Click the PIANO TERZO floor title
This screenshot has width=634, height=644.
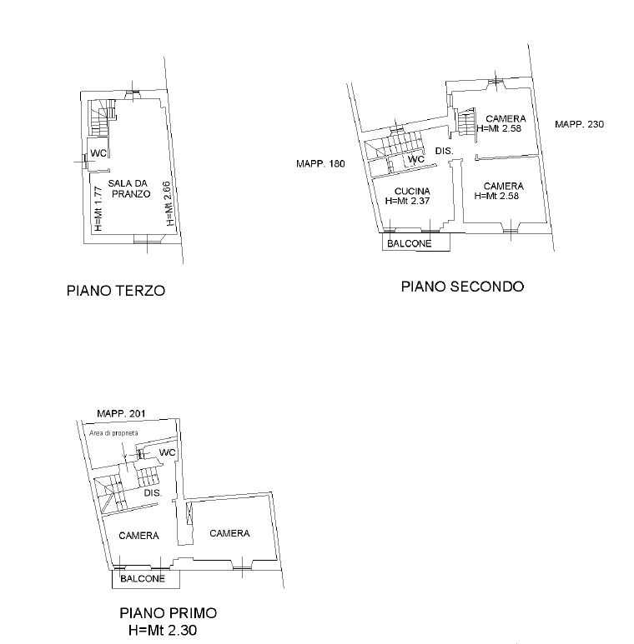pyautogui.click(x=116, y=291)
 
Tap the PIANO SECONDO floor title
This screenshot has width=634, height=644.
pyautogui.click(x=462, y=287)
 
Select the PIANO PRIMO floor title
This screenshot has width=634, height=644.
pyautogui.click(x=169, y=613)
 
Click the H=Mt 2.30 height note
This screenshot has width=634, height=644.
pyautogui.click(x=163, y=630)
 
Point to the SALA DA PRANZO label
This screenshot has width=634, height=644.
pyautogui.click(x=129, y=188)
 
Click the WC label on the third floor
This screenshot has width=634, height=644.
pyautogui.click(x=98, y=153)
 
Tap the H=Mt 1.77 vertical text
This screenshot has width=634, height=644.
pyautogui.click(x=98, y=208)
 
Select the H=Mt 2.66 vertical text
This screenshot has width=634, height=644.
pyautogui.click(x=169, y=204)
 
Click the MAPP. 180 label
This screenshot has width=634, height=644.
pyautogui.click(x=320, y=164)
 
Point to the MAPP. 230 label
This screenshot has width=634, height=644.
pyautogui.click(x=579, y=124)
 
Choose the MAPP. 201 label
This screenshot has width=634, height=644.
pyautogui.click(x=121, y=413)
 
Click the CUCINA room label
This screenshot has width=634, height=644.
pyautogui.click(x=412, y=191)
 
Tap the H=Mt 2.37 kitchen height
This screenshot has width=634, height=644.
pyautogui.click(x=407, y=201)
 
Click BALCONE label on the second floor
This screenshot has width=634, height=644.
pyautogui.click(x=410, y=243)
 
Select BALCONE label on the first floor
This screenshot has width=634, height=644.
pyautogui.click(x=143, y=579)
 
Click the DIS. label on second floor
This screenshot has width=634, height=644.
pyautogui.click(x=444, y=151)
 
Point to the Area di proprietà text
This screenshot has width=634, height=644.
pyautogui.click(x=114, y=433)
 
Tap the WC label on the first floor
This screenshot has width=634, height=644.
pyautogui.click(x=168, y=452)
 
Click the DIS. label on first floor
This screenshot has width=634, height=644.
pyautogui.click(x=153, y=493)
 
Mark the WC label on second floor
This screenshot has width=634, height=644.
pyautogui.click(x=416, y=159)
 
